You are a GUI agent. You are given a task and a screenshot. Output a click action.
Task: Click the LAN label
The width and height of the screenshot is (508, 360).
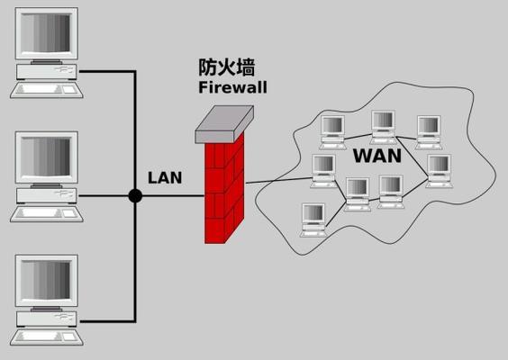tap(165, 177)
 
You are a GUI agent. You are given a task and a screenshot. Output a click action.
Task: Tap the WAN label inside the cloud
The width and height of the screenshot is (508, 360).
tap(377, 156)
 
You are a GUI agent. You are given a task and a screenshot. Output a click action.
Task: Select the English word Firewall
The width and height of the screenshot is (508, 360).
tap(232, 87)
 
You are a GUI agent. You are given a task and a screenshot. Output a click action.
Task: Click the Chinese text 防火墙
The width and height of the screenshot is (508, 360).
tap(226, 67)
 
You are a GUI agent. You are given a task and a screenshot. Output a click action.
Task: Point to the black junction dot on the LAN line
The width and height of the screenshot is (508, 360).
tap(135, 196)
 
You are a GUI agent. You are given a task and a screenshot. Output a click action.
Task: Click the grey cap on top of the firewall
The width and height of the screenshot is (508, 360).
tap(224, 124)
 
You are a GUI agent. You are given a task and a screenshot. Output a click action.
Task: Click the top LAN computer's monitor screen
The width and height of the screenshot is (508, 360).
tap(46, 32)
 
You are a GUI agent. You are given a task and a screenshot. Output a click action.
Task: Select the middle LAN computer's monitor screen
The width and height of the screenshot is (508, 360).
tap(46, 157)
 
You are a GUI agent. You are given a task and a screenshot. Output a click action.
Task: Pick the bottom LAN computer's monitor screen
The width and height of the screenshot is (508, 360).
tap(46, 281)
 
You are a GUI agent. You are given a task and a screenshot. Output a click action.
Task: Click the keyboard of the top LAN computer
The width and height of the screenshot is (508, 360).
tap(47, 90)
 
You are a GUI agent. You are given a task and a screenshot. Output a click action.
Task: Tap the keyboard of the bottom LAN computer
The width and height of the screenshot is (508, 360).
tap(47, 337)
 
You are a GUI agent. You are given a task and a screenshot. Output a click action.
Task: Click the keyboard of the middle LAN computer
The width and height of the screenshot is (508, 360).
tap(47, 213)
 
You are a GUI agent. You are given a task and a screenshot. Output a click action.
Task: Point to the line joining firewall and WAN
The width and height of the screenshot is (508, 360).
tap(279, 181)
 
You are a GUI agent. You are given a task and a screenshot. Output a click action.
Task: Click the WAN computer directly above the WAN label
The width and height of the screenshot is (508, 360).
tap(384, 127)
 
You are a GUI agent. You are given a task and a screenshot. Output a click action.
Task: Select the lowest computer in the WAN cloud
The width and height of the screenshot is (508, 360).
tap(313, 220)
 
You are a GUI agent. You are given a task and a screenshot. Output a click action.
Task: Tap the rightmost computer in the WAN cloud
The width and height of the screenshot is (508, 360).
tap(440, 171)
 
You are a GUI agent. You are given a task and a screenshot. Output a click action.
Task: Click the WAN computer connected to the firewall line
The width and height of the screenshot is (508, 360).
tap(323, 171)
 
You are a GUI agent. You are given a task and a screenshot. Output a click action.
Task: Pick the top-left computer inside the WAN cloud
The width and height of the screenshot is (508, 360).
tap(332, 132)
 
